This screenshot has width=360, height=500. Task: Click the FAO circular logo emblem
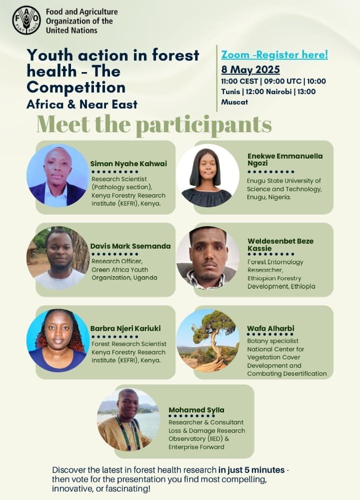coord(26,20)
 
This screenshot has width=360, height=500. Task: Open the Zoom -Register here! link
coord(274,55)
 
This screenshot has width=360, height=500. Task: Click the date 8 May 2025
coord(250,70)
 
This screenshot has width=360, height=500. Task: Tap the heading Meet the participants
coord(154,125)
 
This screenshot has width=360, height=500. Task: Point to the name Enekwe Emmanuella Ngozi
coord(285,160)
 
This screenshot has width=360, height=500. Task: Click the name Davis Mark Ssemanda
coord(130,246)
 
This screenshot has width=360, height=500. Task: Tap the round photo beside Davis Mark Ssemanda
coord(57,258)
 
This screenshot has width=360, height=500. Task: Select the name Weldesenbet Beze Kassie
coord(280,244)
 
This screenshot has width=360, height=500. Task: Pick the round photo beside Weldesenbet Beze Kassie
coord(207,258)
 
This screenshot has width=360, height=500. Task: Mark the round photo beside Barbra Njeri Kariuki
coord(57,340)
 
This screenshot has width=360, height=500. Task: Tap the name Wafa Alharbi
coord(270,328)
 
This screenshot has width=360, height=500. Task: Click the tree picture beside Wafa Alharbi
coord(207,340)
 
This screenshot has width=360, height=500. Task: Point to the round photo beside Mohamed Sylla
coord(128,419)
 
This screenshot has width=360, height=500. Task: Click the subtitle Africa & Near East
coord(82,105)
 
